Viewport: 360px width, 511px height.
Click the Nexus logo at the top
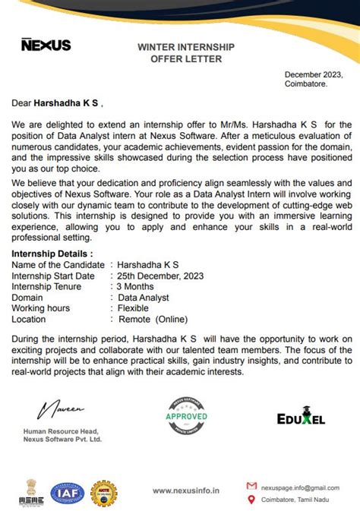click(46, 45)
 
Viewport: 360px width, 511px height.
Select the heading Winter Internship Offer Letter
click(186, 52)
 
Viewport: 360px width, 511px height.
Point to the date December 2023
click(314, 74)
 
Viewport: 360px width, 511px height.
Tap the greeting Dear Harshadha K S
click(55, 102)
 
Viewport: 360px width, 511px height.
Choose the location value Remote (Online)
click(152, 320)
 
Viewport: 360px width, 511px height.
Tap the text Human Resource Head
click(60, 431)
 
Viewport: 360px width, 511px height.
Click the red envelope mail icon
click(251, 485)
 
